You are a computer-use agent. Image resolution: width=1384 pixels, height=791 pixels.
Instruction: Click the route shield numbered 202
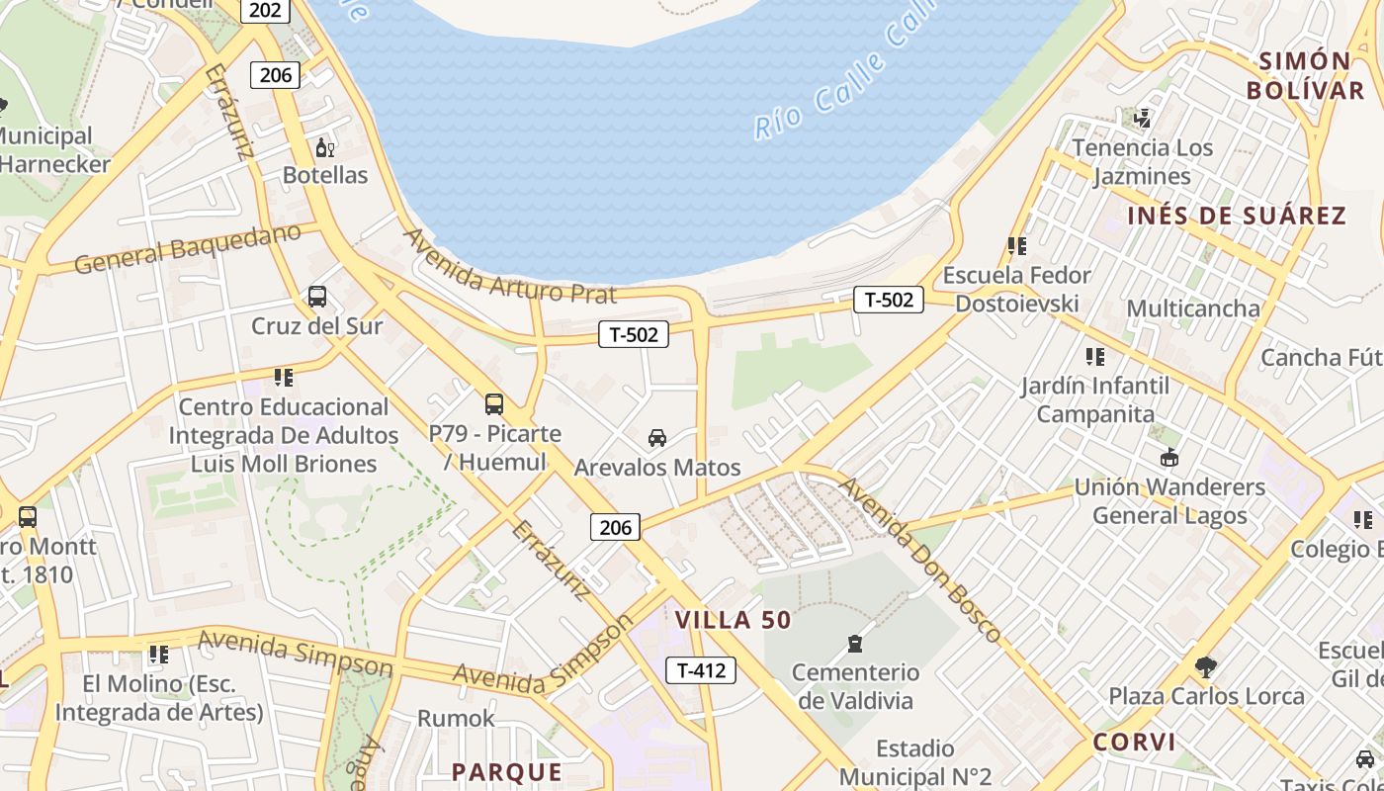click(265, 11)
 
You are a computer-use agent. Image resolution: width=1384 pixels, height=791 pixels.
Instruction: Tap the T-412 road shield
click(701, 670)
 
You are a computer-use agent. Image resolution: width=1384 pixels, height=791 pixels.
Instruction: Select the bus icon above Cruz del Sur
click(317, 297)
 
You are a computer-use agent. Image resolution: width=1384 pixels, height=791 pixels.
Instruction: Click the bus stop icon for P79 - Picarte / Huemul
click(494, 404)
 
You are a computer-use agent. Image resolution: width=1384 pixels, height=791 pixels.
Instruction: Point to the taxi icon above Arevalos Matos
click(656, 438)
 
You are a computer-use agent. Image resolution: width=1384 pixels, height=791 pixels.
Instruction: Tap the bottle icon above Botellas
click(324, 148)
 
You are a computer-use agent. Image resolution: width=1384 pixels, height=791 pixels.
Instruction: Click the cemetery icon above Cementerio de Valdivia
click(856, 645)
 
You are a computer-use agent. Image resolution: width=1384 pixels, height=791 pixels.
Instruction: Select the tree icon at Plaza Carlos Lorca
click(1205, 667)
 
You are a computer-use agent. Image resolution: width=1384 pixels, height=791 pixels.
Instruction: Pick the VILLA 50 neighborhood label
click(734, 620)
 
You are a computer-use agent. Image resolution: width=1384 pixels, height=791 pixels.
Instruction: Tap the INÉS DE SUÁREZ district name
click(1237, 216)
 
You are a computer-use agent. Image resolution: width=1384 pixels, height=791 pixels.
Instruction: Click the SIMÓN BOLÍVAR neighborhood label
click(1305, 75)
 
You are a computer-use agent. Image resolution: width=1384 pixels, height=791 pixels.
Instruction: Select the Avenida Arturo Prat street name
click(510, 266)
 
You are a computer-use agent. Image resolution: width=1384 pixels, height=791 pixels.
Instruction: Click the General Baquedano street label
click(187, 249)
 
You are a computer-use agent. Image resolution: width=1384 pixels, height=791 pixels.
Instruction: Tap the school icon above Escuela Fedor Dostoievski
click(1016, 246)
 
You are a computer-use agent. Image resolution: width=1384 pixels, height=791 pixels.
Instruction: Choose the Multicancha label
click(1193, 308)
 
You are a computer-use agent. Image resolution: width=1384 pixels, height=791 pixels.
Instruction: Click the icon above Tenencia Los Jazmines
click(1143, 119)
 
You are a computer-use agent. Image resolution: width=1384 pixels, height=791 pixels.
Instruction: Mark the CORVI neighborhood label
click(1135, 742)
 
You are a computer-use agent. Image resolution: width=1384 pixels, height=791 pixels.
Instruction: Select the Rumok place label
click(456, 718)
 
